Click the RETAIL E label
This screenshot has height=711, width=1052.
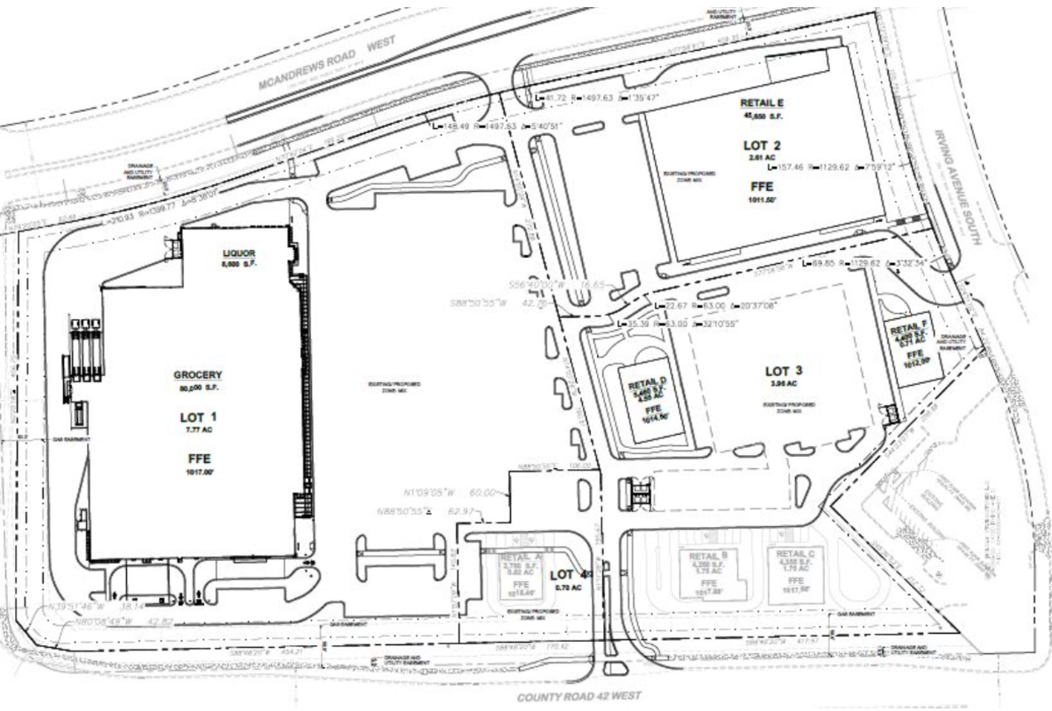pos(760,103)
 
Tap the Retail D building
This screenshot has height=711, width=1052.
pos(650,394)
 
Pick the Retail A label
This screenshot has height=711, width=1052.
pos(511,557)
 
